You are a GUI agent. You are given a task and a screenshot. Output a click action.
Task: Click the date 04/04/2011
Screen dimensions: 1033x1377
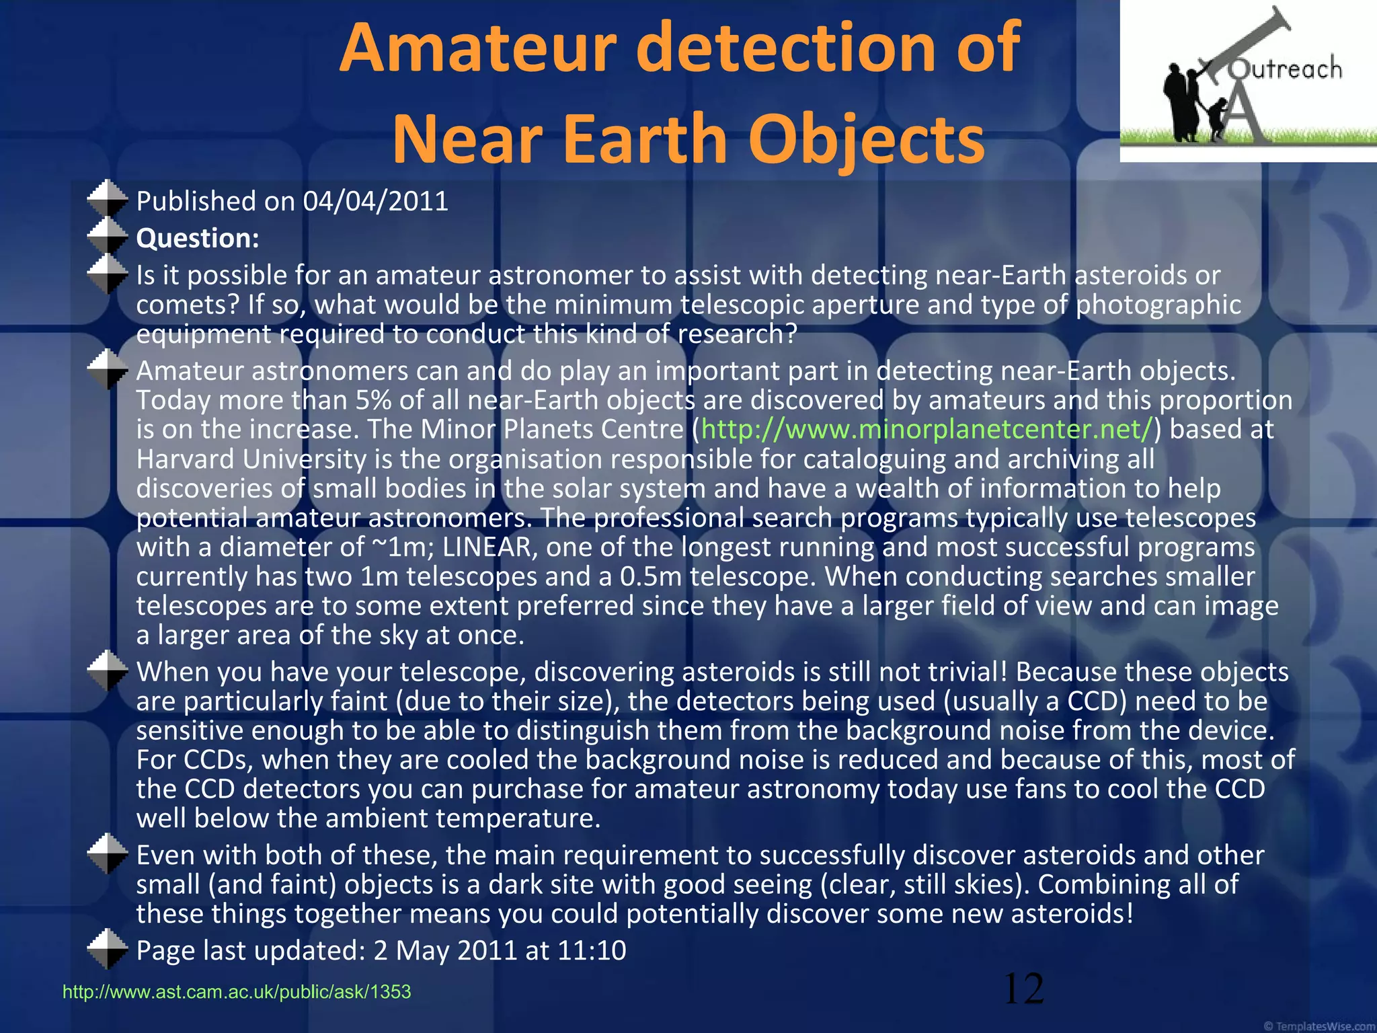375,201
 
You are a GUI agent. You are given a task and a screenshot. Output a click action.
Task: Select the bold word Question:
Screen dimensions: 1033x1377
198,238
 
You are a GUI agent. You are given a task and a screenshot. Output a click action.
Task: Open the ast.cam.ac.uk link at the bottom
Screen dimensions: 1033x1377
237,992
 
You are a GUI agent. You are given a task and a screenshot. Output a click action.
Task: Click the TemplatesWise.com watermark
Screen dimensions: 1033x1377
1319,1026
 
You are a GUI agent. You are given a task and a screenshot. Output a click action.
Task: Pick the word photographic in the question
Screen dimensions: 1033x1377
1158,305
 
